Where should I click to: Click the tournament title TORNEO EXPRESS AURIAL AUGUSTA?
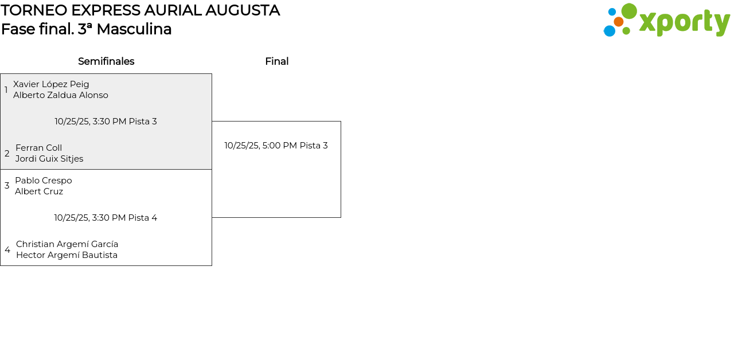(x=140, y=10)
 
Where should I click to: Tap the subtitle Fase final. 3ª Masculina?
(x=87, y=29)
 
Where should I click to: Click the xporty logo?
(x=666, y=21)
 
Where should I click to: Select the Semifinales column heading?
(x=106, y=61)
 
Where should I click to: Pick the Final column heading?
(x=276, y=61)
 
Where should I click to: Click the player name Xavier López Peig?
(x=51, y=84)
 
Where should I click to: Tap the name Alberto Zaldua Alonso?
(x=61, y=95)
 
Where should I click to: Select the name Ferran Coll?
(x=38, y=148)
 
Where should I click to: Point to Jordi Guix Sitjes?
(x=49, y=159)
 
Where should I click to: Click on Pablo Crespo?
(x=44, y=181)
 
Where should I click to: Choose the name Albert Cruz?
(x=39, y=191)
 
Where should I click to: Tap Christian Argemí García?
(x=67, y=244)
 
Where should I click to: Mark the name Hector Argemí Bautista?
(x=67, y=255)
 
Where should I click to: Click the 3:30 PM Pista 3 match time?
(x=106, y=122)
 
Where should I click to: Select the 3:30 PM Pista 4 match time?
(x=106, y=218)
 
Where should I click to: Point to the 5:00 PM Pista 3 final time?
(x=276, y=146)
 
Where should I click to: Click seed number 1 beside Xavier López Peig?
(x=6, y=90)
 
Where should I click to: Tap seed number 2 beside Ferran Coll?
(x=7, y=154)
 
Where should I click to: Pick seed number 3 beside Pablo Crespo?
(x=7, y=186)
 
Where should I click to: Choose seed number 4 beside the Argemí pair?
(x=7, y=250)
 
